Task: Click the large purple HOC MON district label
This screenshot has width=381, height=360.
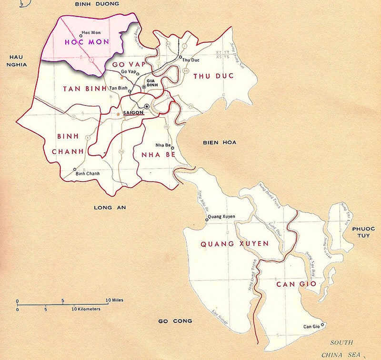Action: pos(87,42)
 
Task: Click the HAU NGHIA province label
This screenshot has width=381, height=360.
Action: pos(14,61)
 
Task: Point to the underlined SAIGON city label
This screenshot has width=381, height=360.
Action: pos(133,113)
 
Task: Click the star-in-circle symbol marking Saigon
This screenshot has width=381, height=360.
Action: pos(147,106)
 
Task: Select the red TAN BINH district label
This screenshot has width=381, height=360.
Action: pos(84,89)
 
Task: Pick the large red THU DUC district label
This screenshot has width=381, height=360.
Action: pos(212,76)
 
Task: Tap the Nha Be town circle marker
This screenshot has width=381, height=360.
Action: pos(172,148)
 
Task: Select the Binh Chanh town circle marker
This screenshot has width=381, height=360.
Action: pos(75,169)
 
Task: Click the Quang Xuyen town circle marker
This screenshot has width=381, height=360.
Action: pos(207,220)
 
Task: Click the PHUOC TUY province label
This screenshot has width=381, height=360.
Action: pos(364,233)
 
